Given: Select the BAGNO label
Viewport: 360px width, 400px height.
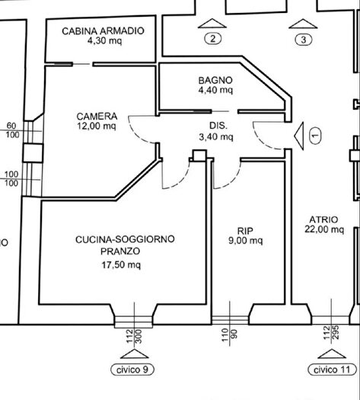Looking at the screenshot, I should coord(215,79).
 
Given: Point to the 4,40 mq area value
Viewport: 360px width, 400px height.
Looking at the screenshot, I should coord(215,90).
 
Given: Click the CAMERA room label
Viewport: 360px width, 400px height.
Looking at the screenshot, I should coord(97,117).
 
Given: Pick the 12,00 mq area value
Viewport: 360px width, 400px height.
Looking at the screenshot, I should coord(97,127).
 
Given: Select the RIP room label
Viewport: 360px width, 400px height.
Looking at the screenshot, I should coord(245,230).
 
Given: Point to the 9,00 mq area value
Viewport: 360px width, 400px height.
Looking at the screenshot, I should coord(245,242).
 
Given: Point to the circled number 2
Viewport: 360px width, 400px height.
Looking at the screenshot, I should coord(214,39).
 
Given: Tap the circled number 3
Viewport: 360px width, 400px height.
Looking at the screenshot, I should coord(304,39).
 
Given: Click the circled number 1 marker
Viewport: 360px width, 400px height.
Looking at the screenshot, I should coord(316,135).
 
